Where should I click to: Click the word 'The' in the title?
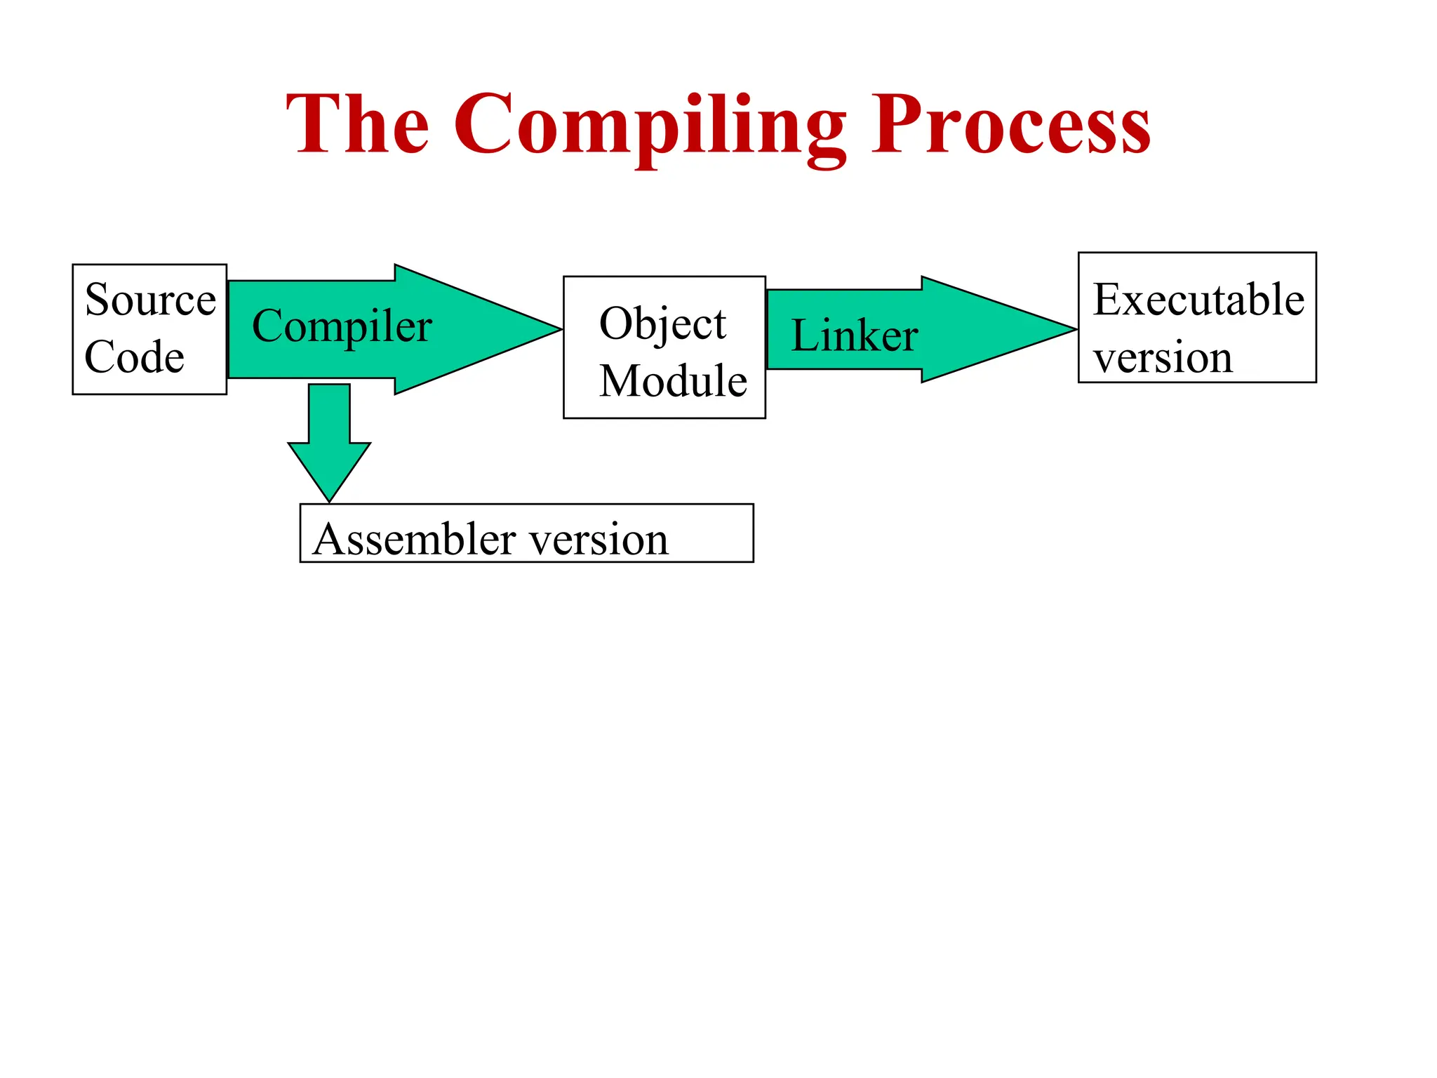click(358, 125)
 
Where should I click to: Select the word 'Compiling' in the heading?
click(649, 126)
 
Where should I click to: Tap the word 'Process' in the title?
click(1010, 125)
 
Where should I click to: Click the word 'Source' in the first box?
click(150, 300)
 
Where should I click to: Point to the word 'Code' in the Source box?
click(134, 357)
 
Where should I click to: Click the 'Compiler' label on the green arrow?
click(342, 326)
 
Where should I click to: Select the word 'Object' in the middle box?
click(662, 324)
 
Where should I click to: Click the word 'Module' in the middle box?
click(673, 381)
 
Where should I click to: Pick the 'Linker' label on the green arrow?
click(854, 335)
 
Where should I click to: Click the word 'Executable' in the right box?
click(1198, 300)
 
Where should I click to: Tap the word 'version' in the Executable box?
click(1163, 358)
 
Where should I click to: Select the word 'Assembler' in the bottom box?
click(413, 539)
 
